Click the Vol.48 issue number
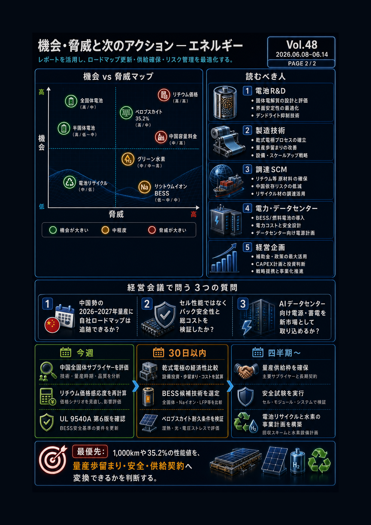[x=302, y=45]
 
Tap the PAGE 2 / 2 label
[x=302, y=63]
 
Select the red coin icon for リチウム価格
[x=164, y=95]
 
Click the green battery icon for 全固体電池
[x=71, y=101]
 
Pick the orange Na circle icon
[x=145, y=187]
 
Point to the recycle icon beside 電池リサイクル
[x=70, y=182]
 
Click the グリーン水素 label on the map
[x=151, y=159]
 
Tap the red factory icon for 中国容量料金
[x=161, y=137]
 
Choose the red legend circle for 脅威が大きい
[x=152, y=230]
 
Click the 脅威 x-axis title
[x=116, y=214]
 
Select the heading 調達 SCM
[x=271, y=169]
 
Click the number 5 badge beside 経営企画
[x=247, y=247]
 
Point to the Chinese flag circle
[x=52, y=325]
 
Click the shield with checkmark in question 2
[x=165, y=315]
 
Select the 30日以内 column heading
[x=187, y=353]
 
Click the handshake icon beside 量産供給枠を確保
[x=246, y=371]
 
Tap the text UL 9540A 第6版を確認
[x=92, y=419]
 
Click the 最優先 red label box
[x=90, y=451]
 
